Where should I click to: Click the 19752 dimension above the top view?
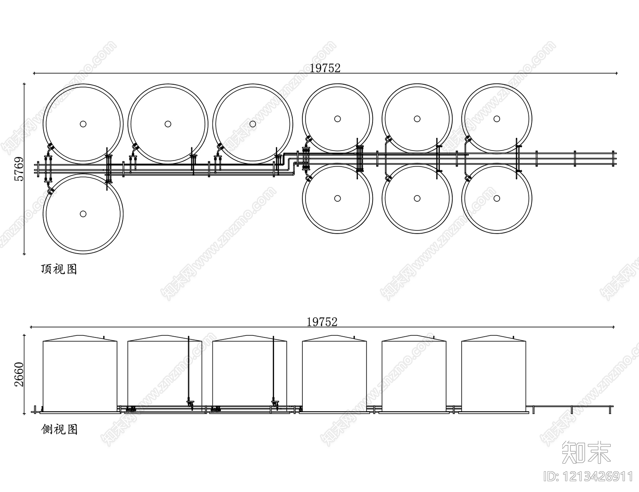click(325, 68)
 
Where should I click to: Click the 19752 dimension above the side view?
click(322, 322)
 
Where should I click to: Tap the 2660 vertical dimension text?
click(19, 375)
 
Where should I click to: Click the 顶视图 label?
click(59, 269)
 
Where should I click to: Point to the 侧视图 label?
click(59, 430)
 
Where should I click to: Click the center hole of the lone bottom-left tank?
click(83, 214)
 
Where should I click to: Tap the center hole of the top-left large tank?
click(83, 124)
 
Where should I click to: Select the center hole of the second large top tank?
click(168, 124)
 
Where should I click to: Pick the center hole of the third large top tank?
click(252, 124)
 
